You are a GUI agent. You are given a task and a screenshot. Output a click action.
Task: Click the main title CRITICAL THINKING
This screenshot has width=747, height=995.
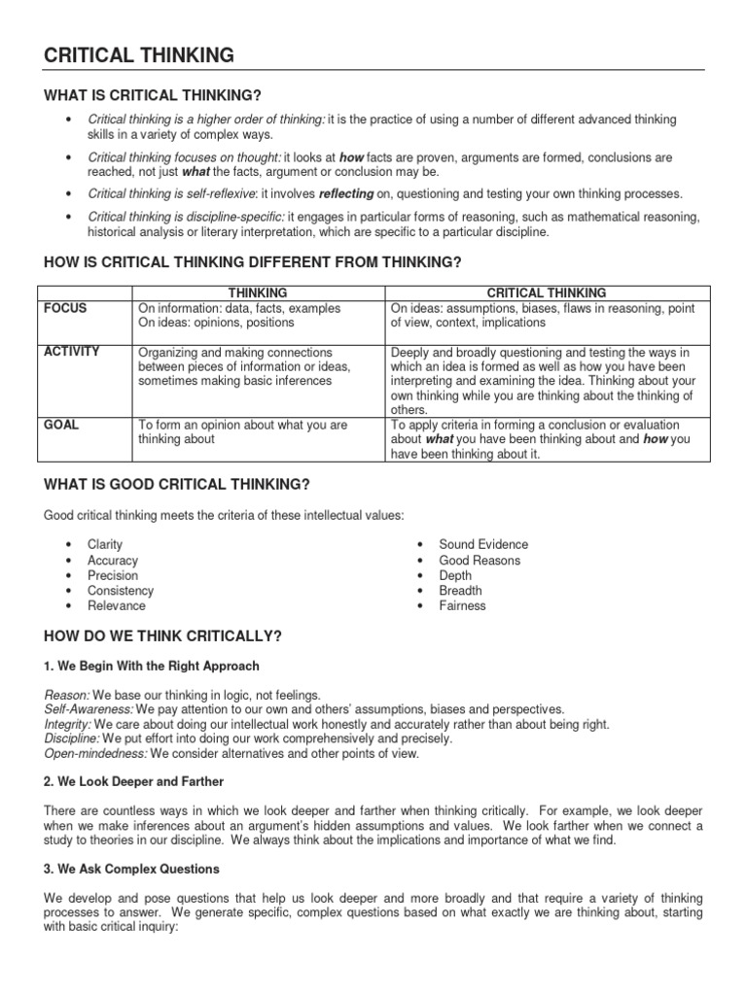coord(139,55)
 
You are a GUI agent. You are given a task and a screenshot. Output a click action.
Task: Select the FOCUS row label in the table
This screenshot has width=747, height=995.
coord(65,308)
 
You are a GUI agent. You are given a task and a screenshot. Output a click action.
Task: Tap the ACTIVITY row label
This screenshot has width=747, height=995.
coord(72,352)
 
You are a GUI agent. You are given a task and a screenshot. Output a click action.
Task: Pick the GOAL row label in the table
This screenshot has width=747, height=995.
coord(62,426)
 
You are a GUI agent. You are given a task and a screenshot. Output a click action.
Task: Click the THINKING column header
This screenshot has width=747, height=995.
coord(257,292)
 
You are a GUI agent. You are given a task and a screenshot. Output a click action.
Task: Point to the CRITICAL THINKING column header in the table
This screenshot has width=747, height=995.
coord(546,292)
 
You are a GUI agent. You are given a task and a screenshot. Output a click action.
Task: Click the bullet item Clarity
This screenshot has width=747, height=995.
coord(105,545)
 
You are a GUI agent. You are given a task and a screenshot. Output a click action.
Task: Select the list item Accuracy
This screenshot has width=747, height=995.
coord(113,561)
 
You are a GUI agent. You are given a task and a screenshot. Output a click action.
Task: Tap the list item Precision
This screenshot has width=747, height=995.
coord(113,575)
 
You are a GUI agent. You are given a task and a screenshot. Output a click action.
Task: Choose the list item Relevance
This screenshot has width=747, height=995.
coord(117,605)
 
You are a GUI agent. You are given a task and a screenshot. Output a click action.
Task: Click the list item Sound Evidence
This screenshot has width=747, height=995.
coord(483,545)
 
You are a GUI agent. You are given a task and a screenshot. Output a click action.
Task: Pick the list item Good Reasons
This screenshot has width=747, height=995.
coord(480,561)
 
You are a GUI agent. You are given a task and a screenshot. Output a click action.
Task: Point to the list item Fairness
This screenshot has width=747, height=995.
coord(462,605)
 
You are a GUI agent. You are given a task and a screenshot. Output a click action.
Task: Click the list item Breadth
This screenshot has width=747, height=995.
coord(460,591)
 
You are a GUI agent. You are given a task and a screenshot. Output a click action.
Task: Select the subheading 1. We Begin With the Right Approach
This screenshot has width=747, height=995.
coord(152,667)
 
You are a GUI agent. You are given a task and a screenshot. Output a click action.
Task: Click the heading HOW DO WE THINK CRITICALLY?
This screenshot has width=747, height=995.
coord(163,636)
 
